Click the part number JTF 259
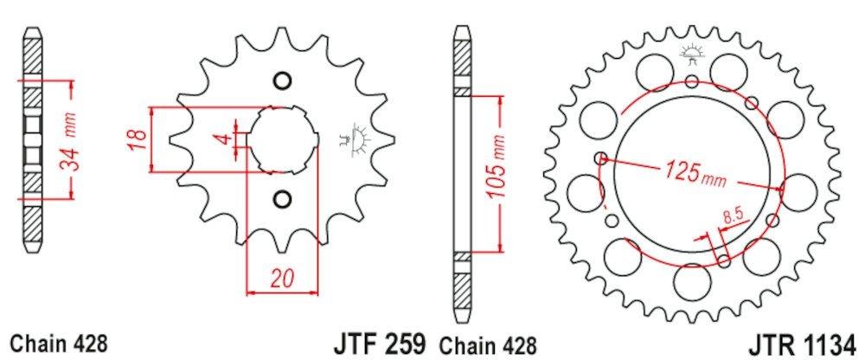click(x=380, y=344)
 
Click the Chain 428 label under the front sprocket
click(x=60, y=344)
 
